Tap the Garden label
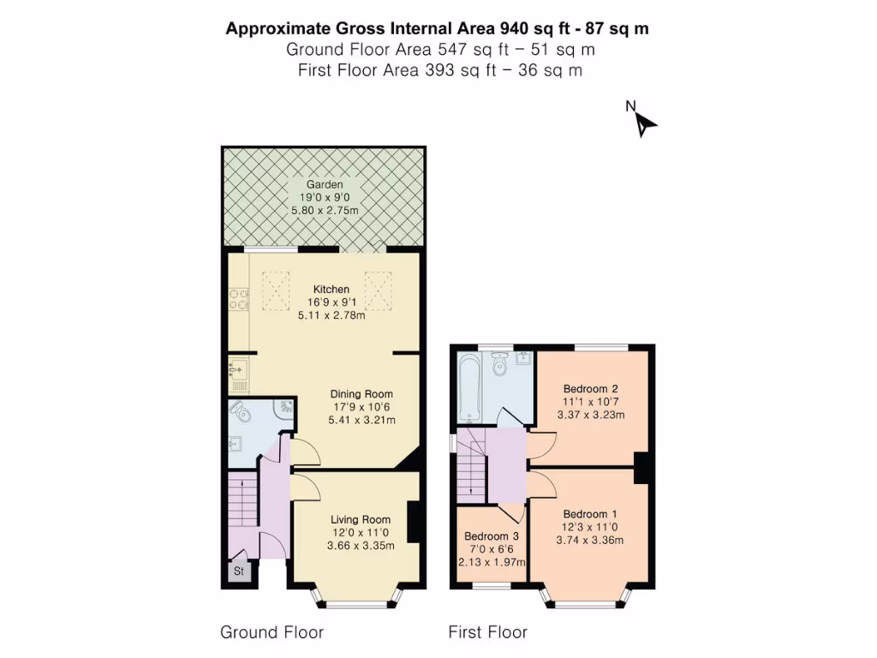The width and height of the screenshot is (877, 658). (x=325, y=184)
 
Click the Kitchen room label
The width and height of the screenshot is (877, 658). (x=331, y=289)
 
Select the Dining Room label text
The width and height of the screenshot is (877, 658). (x=361, y=394)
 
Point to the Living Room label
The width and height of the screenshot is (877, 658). (x=361, y=519)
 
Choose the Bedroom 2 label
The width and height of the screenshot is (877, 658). (x=590, y=388)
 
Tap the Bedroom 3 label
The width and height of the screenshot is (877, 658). (x=492, y=536)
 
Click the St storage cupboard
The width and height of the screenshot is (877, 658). (x=239, y=571)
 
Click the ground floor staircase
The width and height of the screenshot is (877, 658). (x=242, y=504)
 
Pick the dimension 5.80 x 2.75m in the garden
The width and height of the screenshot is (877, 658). (x=325, y=211)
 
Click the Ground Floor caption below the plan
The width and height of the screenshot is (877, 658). (x=271, y=633)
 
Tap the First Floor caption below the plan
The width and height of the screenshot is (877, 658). (x=487, y=633)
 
